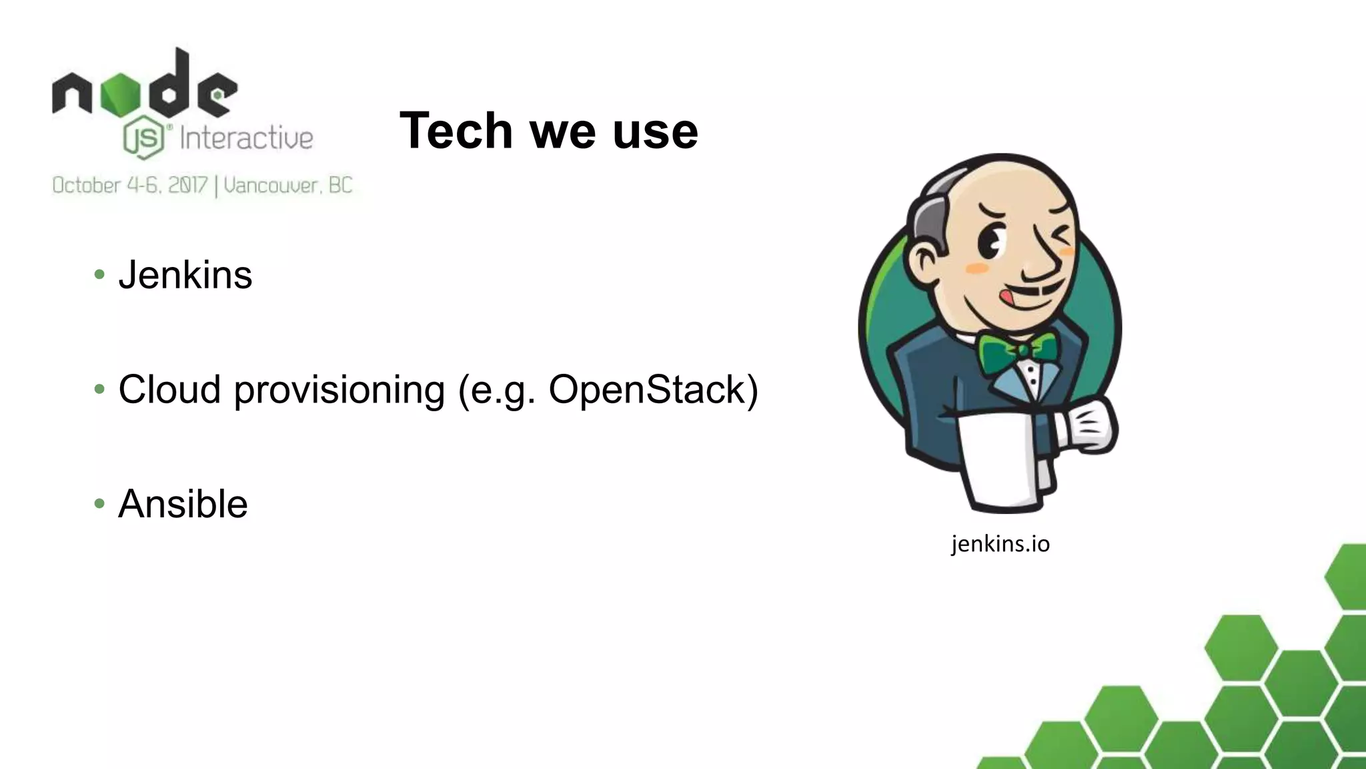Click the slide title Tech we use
pyautogui.click(x=548, y=131)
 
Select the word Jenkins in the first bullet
pyautogui.click(x=185, y=275)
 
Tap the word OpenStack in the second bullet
pyautogui.click(x=653, y=389)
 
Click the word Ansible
pyautogui.click(x=183, y=504)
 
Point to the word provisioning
pyautogui.click(x=339, y=391)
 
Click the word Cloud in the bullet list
pyautogui.click(x=169, y=389)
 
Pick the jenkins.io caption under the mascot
pyautogui.click(x=1000, y=544)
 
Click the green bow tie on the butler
pyautogui.click(x=1017, y=351)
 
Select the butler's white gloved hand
pyautogui.click(x=1087, y=427)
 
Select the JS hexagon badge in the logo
pyautogui.click(x=143, y=139)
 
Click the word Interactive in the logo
pyautogui.click(x=246, y=139)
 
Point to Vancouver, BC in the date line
pyautogui.click(x=288, y=185)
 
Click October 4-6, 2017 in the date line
pyautogui.click(x=130, y=185)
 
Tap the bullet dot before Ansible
pyautogui.click(x=99, y=503)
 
